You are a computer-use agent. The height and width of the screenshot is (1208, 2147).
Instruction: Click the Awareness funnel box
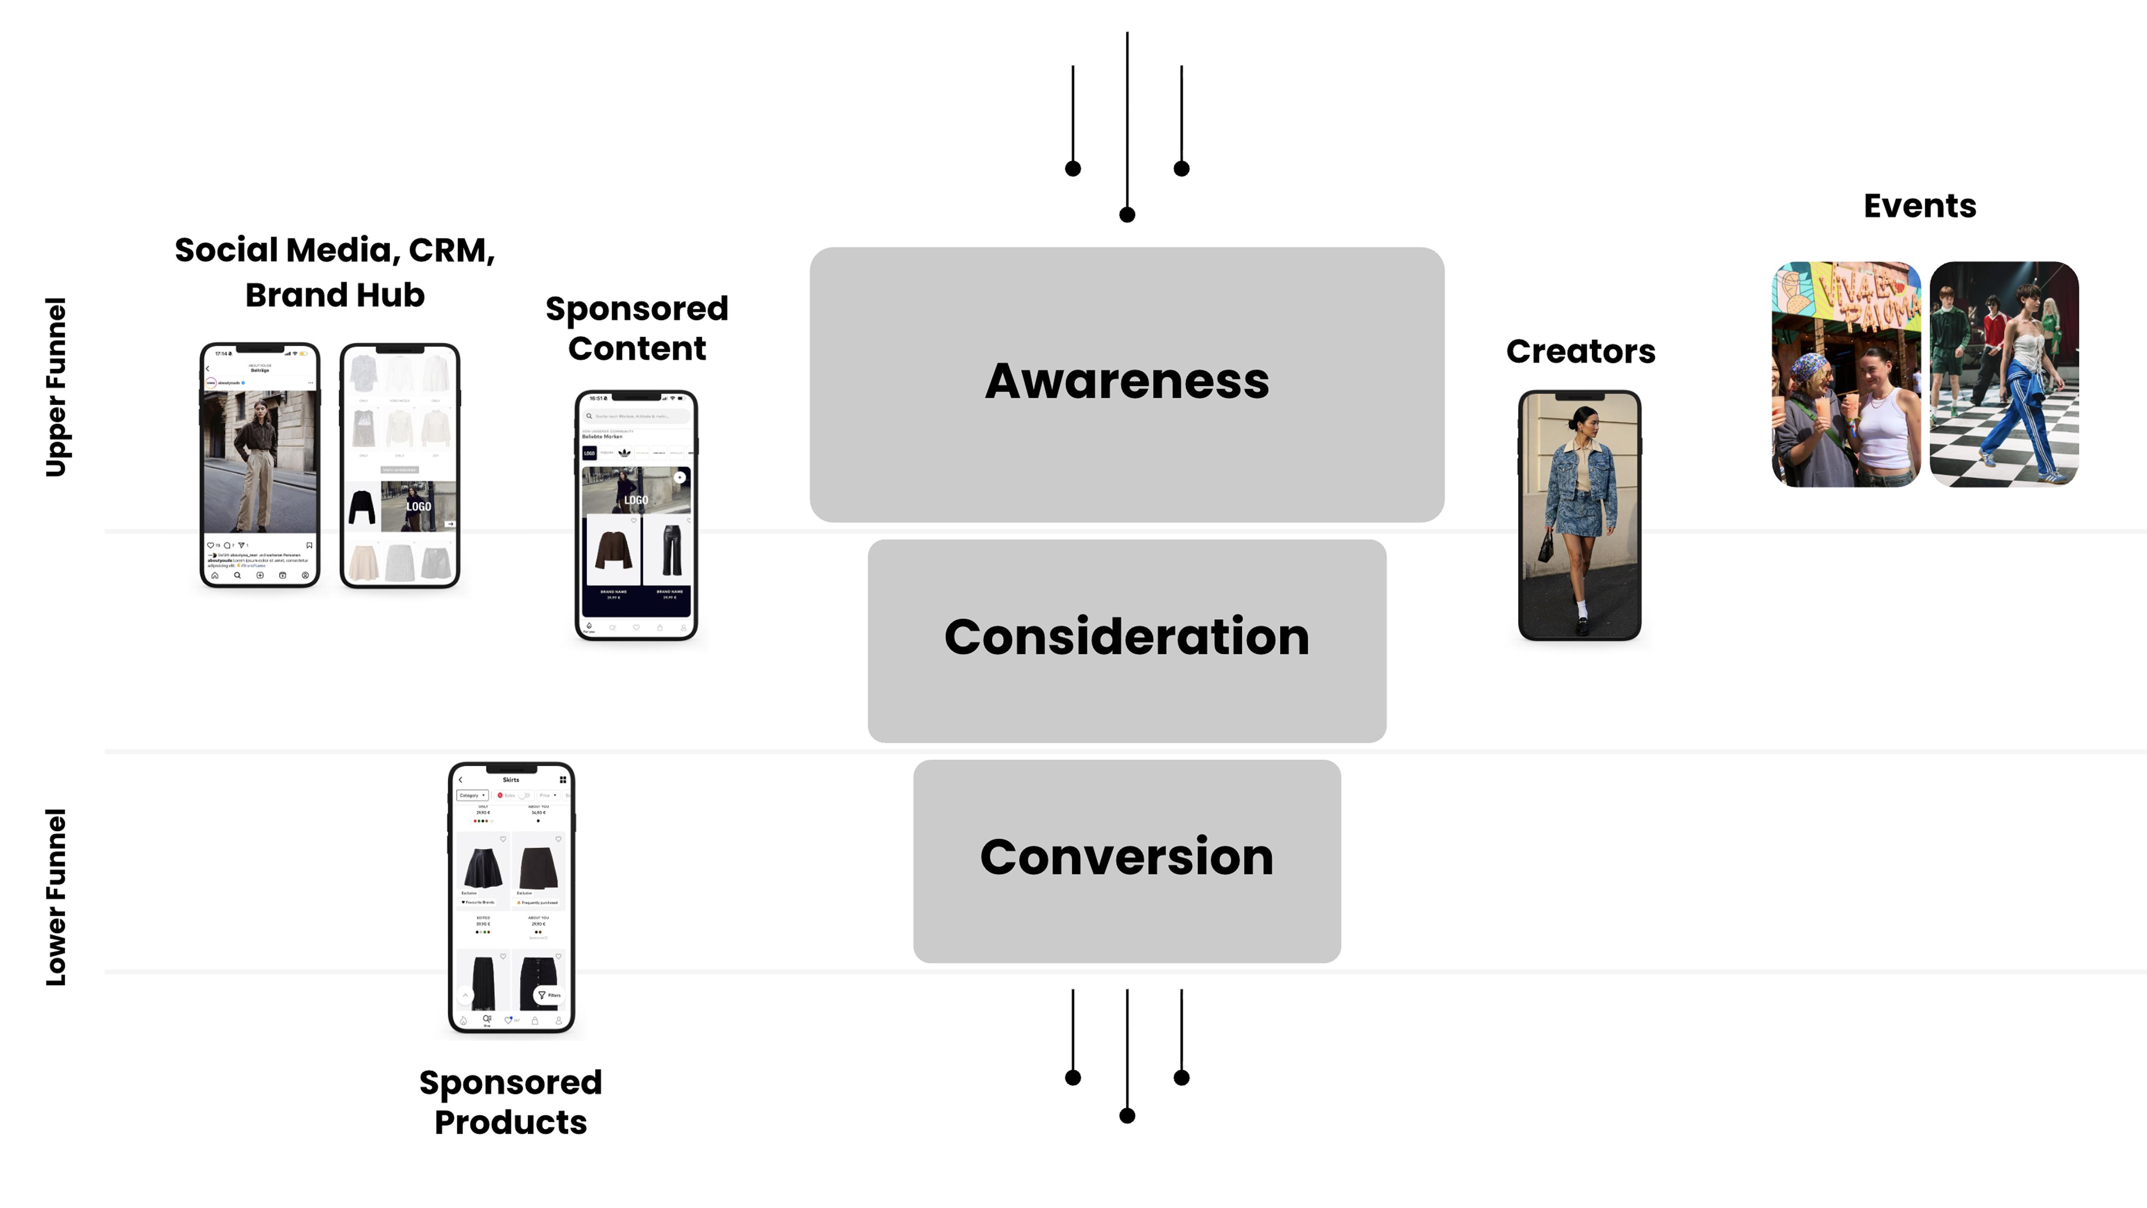(x=1126, y=384)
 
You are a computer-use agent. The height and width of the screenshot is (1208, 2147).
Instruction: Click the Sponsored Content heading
(x=637, y=329)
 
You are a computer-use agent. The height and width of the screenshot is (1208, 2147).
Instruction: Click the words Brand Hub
(x=334, y=295)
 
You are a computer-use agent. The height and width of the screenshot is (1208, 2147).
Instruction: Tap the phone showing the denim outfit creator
(x=1579, y=515)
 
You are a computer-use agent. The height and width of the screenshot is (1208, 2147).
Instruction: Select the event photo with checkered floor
(x=2003, y=374)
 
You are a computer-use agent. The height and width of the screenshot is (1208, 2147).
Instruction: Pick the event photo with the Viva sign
(x=1845, y=374)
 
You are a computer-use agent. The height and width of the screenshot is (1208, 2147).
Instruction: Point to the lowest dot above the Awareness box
(x=1127, y=215)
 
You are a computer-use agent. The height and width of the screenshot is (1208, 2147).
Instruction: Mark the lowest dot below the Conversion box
(x=1127, y=1115)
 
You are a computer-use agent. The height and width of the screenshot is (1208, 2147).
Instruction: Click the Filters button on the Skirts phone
(x=549, y=995)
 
